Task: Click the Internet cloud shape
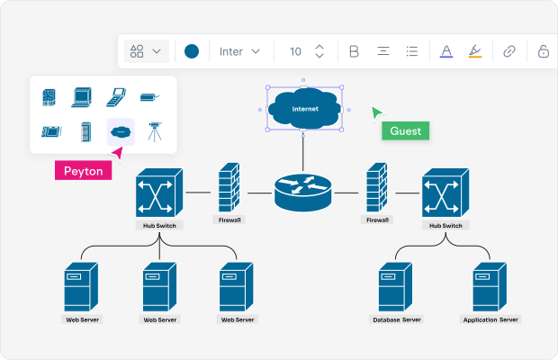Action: (303, 109)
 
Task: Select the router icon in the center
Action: (302, 192)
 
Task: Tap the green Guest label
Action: (405, 130)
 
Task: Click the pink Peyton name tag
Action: (83, 171)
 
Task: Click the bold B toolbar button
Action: (354, 51)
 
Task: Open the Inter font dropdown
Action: (239, 51)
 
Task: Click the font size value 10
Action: (295, 51)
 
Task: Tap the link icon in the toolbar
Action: (509, 51)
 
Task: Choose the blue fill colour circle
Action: (192, 51)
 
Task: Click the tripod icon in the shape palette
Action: (154, 132)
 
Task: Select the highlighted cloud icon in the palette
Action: (121, 132)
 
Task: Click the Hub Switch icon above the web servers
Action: (158, 192)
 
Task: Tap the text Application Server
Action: (490, 319)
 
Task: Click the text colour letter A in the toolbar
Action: (445, 51)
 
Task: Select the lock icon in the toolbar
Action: (543, 51)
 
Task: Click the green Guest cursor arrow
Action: (377, 112)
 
